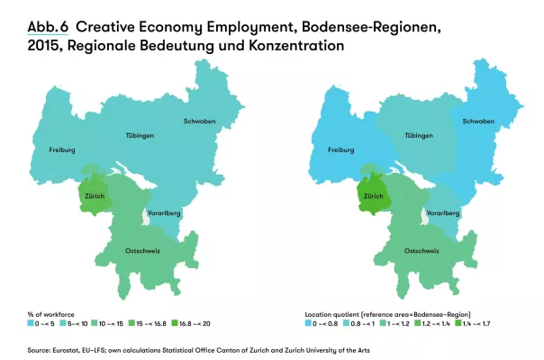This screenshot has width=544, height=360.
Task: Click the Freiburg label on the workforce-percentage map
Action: (x=62, y=149)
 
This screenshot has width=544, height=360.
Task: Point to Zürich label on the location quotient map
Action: (x=372, y=193)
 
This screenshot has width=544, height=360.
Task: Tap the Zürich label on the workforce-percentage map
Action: (x=95, y=193)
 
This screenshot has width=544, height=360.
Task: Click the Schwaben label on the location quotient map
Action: (x=476, y=121)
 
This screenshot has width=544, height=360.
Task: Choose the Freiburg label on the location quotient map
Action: (x=340, y=149)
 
